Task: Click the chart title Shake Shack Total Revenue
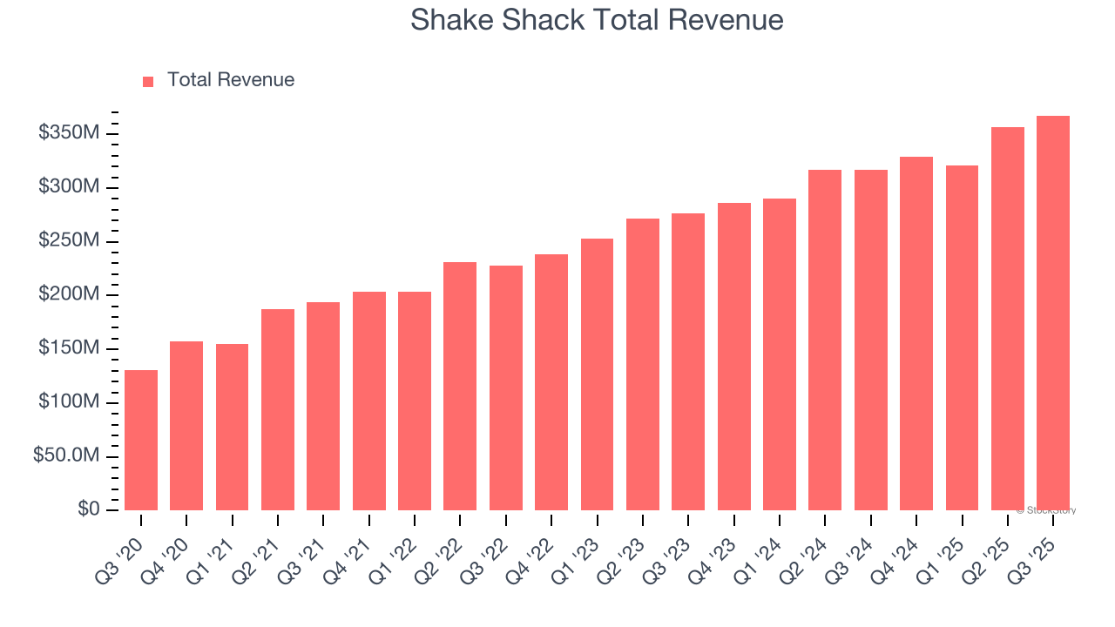[597, 20]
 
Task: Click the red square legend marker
[148, 81]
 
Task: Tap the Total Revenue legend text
[231, 80]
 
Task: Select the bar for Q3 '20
[141, 440]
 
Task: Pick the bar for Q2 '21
[278, 409]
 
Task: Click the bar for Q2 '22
[460, 386]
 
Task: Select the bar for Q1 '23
[597, 374]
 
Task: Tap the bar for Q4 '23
[733, 356]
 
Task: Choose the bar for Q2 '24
[825, 340]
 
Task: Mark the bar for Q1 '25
[962, 338]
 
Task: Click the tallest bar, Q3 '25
[1053, 313]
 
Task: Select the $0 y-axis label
[89, 509]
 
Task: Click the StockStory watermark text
[1046, 510]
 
